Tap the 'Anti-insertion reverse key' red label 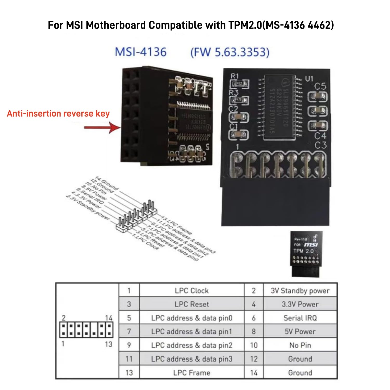click(x=58, y=114)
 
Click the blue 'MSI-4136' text click(x=141, y=52)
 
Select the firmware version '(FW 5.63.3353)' click(x=230, y=52)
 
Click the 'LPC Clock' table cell click(x=192, y=291)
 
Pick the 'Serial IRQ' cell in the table click(x=300, y=318)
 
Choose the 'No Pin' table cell click(x=300, y=345)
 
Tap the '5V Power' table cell click(x=300, y=331)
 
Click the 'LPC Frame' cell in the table click(x=192, y=373)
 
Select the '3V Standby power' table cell click(x=300, y=291)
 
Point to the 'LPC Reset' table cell click(x=192, y=304)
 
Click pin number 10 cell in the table click(x=254, y=345)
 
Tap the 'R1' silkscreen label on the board click(x=235, y=76)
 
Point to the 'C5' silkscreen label click(x=320, y=86)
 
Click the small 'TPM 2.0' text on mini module click(x=303, y=251)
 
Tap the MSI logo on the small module click(x=311, y=245)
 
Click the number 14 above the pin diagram click(x=109, y=318)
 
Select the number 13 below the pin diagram click(x=109, y=344)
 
